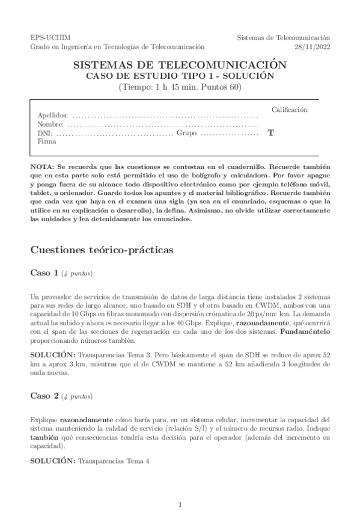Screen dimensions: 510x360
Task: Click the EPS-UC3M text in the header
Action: point(46,37)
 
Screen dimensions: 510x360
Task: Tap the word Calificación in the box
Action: point(289,110)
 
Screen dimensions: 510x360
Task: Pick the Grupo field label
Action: point(186,133)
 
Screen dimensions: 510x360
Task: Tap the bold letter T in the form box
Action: point(270,134)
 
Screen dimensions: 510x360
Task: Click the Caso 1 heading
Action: point(44,273)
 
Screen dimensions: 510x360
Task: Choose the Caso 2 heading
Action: point(44,396)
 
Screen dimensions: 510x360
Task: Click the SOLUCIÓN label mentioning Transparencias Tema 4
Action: point(52,461)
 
